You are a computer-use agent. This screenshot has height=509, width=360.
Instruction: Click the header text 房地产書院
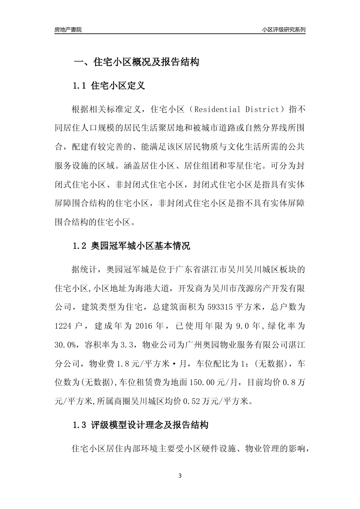click(68, 30)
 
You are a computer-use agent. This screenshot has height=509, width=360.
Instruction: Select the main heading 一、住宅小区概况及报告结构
click(136, 62)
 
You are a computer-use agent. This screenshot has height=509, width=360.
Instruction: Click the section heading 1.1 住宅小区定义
click(108, 86)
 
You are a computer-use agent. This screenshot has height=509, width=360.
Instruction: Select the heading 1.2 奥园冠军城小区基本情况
click(131, 246)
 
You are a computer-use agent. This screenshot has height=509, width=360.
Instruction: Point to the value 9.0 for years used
click(241, 326)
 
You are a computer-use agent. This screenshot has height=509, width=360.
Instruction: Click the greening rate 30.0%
click(65, 345)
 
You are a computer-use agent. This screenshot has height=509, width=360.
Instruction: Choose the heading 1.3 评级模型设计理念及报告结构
click(140, 425)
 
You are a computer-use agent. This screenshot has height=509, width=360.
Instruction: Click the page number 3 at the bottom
click(180, 476)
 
